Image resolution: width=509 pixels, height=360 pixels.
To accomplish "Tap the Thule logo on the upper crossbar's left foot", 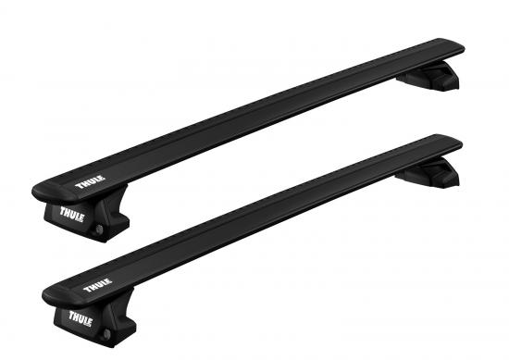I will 72,212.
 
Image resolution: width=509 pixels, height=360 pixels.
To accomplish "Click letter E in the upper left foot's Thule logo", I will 83,214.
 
